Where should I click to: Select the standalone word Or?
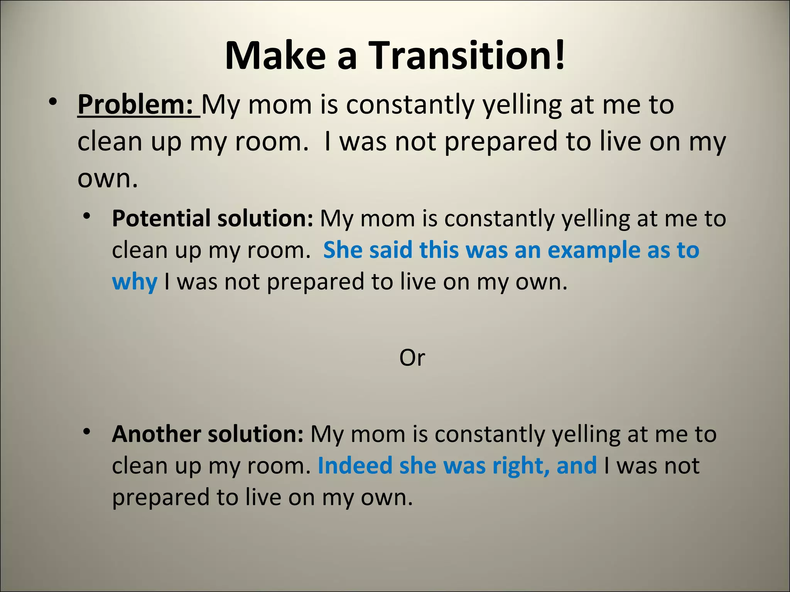(412, 358)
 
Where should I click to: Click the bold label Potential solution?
(212, 219)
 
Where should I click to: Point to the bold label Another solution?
(208, 434)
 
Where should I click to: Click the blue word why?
(134, 281)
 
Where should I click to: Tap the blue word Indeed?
(355, 466)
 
